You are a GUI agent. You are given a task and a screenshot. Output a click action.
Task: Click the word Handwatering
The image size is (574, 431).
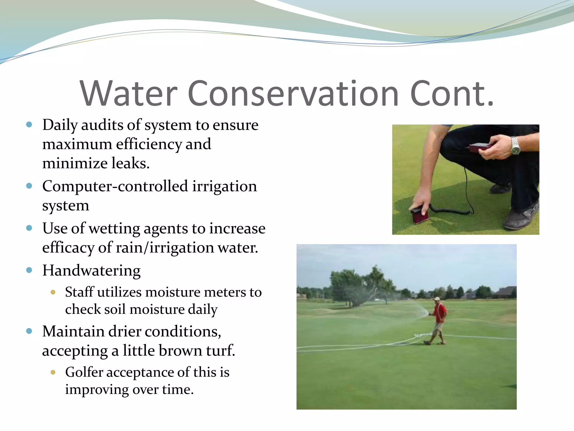[x=91, y=270]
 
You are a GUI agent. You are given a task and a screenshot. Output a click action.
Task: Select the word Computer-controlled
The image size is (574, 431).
[x=115, y=186]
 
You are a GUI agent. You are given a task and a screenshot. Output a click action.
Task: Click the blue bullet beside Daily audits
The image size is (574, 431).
[x=29, y=124]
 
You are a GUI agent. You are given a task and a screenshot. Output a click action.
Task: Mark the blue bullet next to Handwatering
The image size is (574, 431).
[x=29, y=270]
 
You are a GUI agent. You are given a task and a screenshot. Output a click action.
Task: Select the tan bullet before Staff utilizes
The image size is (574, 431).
[x=53, y=292]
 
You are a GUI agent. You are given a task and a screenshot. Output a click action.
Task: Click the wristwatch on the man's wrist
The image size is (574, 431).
[x=515, y=146]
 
